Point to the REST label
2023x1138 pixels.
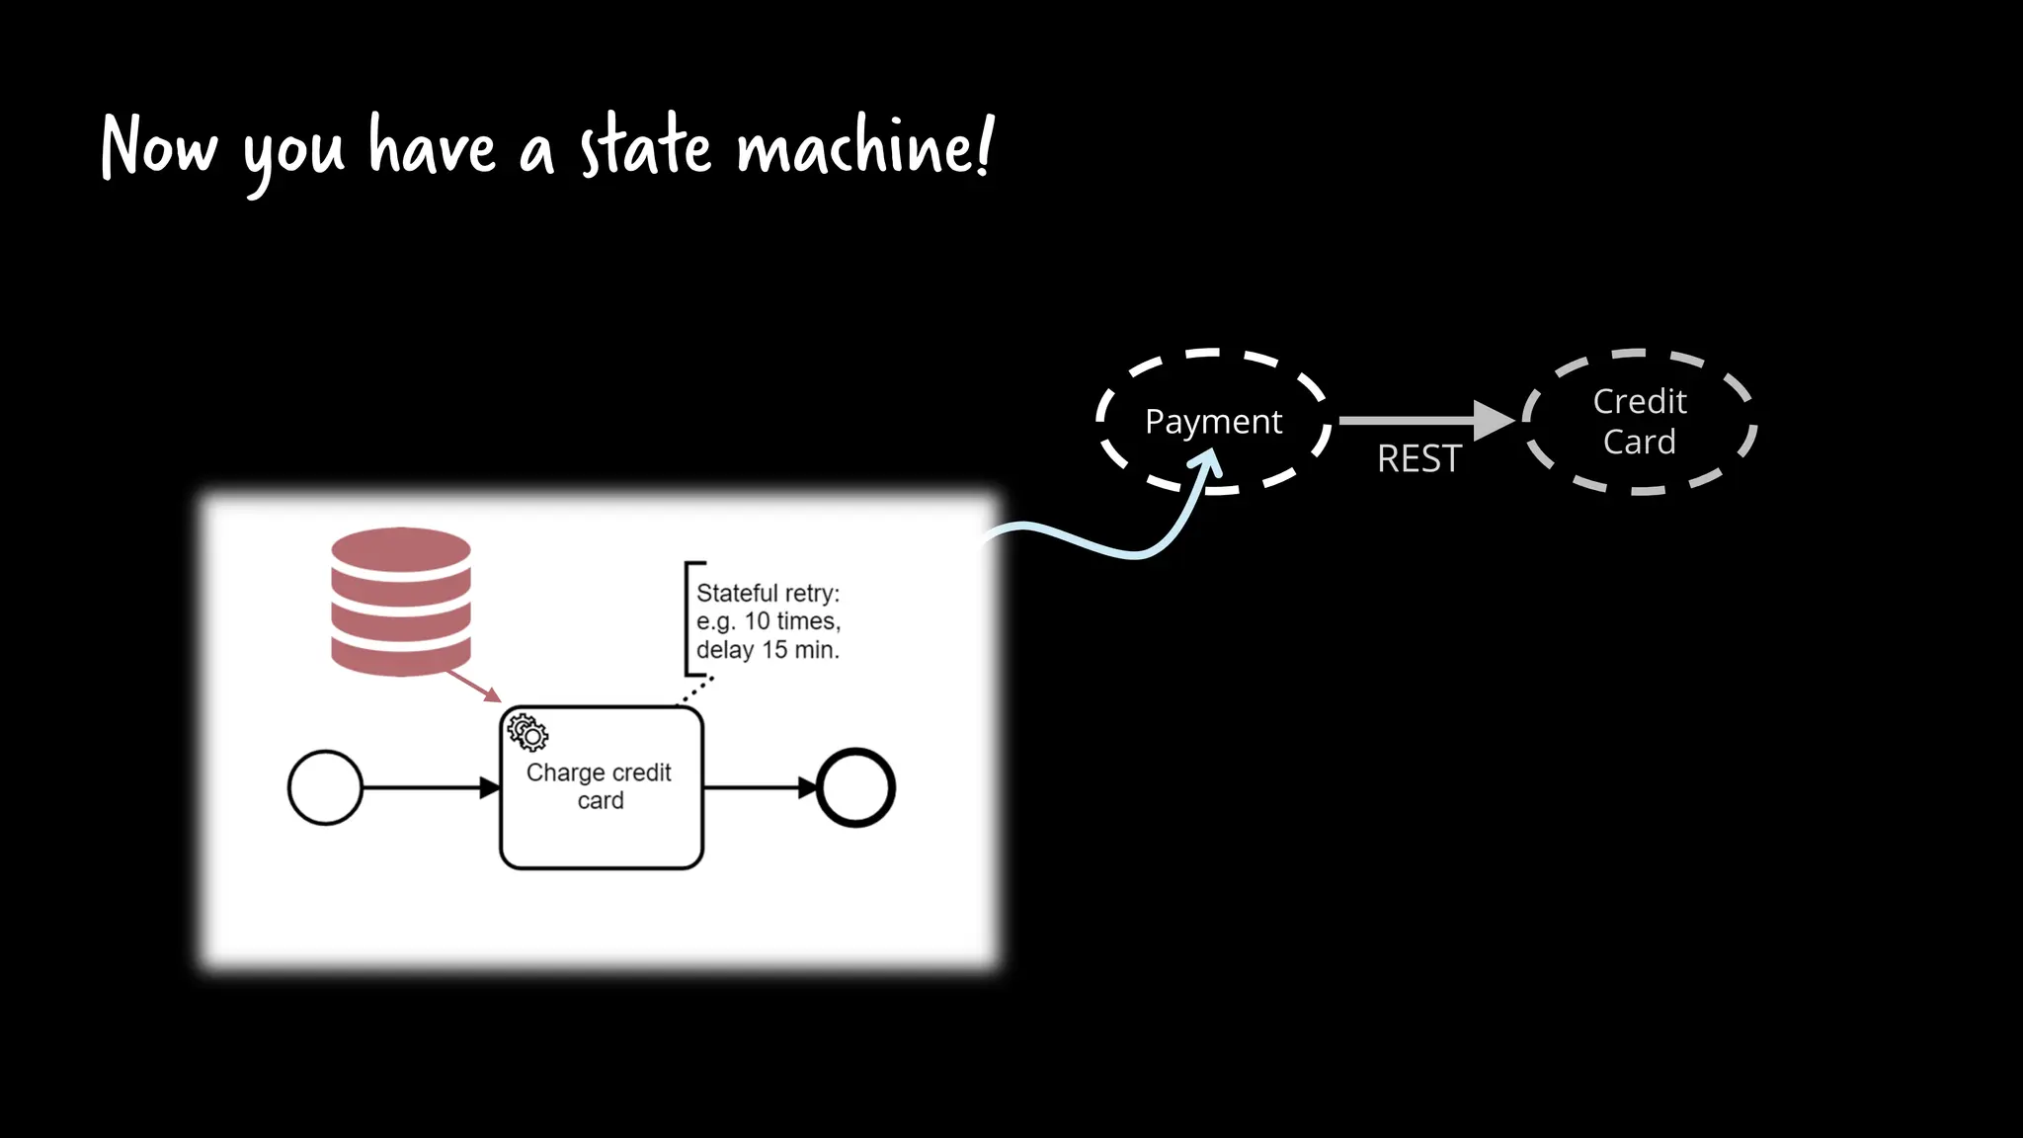[1418, 459]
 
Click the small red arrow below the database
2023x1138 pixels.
[474, 687]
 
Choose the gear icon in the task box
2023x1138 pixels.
[527, 733]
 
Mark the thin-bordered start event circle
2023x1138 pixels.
[325, 787]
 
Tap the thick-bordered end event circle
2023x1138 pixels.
[855, 787]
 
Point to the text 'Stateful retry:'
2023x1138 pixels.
[768, 593]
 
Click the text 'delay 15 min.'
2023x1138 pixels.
[768, 650]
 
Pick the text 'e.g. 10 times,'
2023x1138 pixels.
[768, 621]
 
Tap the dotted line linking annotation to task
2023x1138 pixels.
[696, 690]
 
